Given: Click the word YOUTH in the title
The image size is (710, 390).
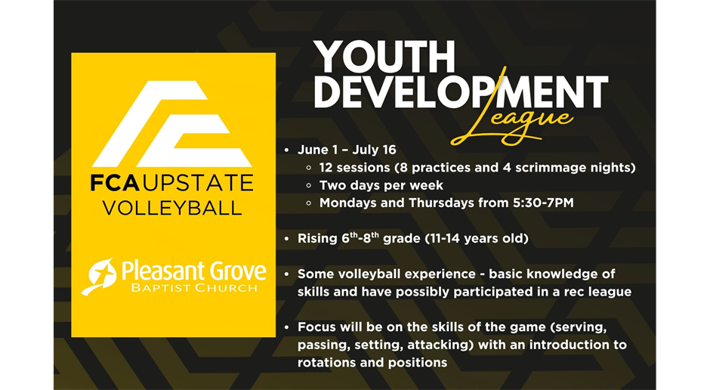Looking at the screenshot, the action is coord(384,57).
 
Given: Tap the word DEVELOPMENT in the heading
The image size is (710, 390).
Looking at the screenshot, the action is coord(461,91).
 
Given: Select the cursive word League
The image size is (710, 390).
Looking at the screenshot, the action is coord(511,122).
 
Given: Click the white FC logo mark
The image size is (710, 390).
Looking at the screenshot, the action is coord(172,124).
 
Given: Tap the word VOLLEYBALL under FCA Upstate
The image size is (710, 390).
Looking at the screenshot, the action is coord(172,208).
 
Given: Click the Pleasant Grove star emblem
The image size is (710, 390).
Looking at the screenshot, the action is coord(99,276).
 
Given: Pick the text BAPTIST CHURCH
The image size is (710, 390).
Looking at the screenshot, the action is coord(194,288).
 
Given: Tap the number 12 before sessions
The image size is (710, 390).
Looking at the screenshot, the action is coord(326,168).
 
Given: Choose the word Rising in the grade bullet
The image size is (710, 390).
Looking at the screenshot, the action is coord(317,239).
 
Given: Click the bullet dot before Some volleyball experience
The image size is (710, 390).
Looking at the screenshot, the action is coord(286,274).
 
